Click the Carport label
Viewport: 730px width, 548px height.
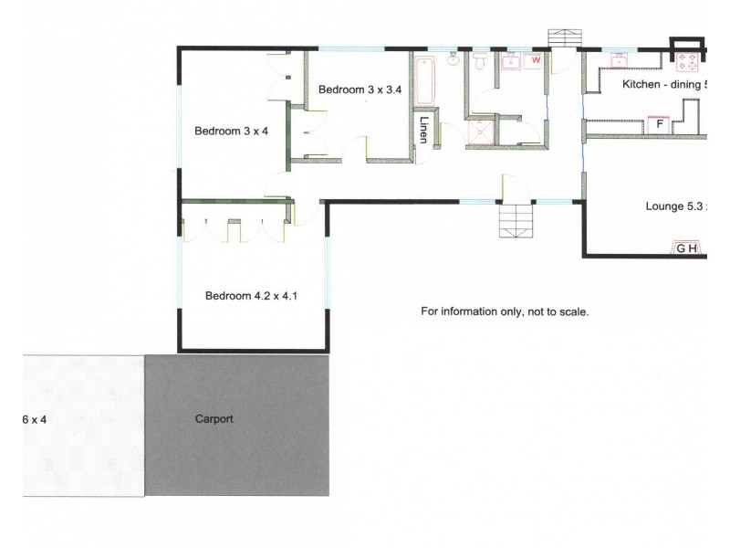tap(214, 419)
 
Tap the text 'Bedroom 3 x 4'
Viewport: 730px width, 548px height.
tap(231, 132)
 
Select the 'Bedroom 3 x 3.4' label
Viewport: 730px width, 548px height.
tap(360, 89)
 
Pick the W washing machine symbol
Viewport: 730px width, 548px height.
tap(537, 60)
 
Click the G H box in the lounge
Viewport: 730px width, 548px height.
tap(686, 248)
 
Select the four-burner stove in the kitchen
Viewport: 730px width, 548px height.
tap(686, 62)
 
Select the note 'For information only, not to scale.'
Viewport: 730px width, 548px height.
tap(505, 311)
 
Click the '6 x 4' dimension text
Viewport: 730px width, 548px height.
tap(34, 420)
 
